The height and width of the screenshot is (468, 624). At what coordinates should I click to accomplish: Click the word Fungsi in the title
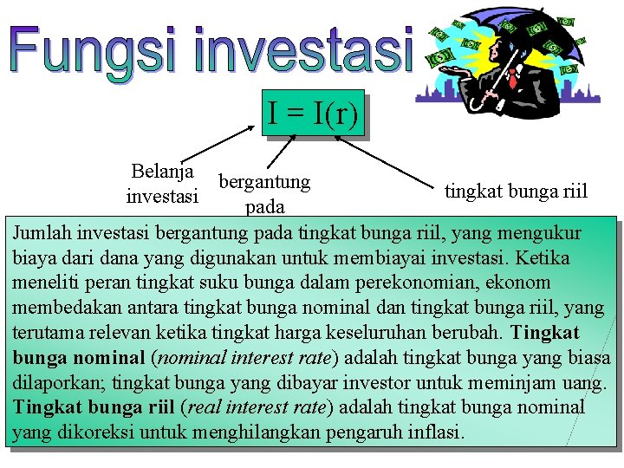click(95, 49)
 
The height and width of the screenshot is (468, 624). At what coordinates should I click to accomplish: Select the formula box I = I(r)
click(312, 114)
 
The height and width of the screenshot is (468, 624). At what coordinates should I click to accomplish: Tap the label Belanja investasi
click(162, 184)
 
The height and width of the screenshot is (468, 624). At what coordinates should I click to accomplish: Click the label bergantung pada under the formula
click(264, 194)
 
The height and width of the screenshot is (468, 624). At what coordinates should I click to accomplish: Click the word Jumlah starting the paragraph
click(42, 233)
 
